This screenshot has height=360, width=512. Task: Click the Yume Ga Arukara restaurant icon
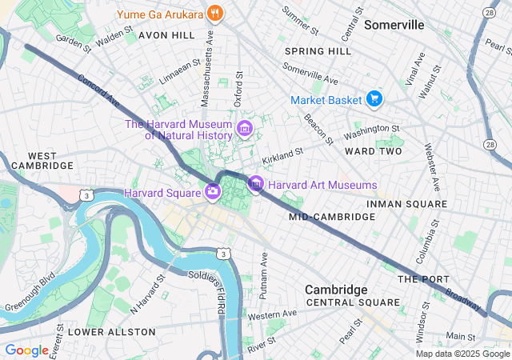pos(214,14)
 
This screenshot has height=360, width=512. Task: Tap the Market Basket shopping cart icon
pos(374,100)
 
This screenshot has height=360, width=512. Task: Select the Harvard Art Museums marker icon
pos(255,185)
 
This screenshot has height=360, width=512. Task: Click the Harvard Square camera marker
pos(213,191)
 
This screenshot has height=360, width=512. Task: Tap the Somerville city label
pos(394,25)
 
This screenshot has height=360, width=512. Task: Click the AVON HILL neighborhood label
pos(166,36)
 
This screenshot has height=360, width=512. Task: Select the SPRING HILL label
pos(318,51)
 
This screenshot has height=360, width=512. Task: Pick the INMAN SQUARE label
pos(406,204)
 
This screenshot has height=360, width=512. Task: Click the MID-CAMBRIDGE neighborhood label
pos(322,217)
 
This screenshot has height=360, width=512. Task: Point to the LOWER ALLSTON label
pos(112,331)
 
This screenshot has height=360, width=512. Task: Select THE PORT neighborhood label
pos(419,279)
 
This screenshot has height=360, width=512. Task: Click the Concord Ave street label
pos(98,91)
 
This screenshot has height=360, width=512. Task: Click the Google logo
pos(26,350)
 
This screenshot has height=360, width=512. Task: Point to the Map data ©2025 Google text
pos(462,354)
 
